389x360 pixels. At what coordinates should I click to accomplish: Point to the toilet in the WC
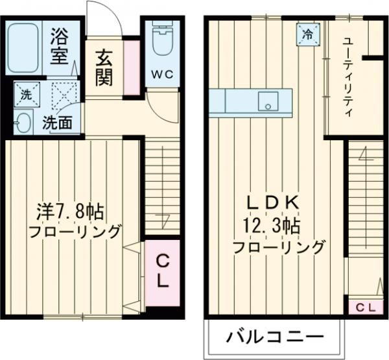click(159, 41)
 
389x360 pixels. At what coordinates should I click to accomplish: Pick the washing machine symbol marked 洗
click(27, 93)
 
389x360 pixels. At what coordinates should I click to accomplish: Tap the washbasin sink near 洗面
click(23, 121)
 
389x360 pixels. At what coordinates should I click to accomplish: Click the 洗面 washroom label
click(58, 123)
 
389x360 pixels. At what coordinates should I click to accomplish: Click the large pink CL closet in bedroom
click(163, 272)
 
